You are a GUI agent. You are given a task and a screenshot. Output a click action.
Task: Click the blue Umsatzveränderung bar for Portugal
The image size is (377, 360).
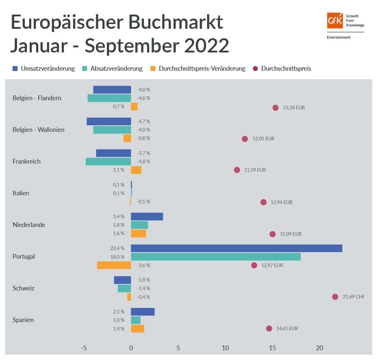(x=236, y=248)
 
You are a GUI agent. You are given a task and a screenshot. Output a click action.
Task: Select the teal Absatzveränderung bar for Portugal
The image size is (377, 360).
(x=216, y=257)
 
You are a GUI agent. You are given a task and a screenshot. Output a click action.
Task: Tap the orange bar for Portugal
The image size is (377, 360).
(x=114, y=265)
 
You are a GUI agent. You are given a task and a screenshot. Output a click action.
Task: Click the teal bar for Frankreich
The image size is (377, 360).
(x=108, y=161)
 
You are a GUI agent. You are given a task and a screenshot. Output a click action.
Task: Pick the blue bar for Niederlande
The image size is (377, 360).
(x=147, y=216)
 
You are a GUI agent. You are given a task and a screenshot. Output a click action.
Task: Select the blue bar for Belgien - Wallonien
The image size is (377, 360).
(x=109, y=121)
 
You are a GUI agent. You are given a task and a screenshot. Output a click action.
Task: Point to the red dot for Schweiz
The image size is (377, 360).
(x=335, y=297)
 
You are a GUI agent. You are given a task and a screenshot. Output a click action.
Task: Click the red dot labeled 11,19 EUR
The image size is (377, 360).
(x=237, y=170)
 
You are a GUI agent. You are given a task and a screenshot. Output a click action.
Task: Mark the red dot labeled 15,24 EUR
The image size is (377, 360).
(x=275, y=107)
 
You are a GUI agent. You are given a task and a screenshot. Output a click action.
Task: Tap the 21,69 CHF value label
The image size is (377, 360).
(x=353, y=297)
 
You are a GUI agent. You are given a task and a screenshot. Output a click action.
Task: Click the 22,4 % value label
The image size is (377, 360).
(x=117, y=248)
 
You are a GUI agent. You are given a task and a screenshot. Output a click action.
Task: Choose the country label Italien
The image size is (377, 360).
(x=21, y=193)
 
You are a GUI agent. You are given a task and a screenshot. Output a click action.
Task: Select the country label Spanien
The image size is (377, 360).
(x=23, y=320)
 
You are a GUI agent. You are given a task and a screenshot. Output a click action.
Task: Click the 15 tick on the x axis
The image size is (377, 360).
(x=272, y=348)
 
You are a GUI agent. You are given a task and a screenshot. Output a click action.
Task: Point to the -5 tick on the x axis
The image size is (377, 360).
(x=84, y=348)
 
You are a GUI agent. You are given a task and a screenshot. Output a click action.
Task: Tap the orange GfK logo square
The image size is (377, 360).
(x=335, y=20)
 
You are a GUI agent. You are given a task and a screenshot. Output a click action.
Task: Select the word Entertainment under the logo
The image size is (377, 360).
(x=339, y=37)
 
